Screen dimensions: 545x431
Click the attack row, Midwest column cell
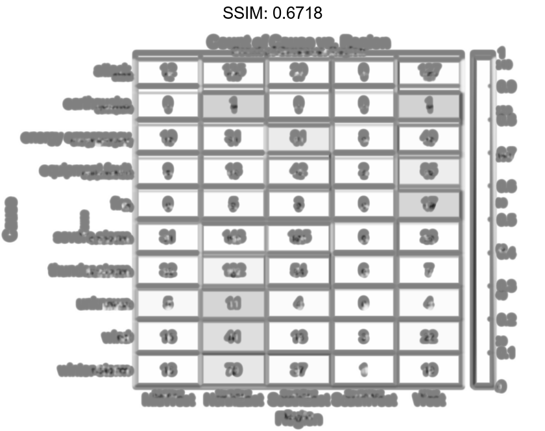point(167,71)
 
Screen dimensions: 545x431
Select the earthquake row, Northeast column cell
point(233,105)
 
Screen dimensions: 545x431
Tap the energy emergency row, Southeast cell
point(298,138)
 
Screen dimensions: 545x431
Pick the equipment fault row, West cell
point(429,171)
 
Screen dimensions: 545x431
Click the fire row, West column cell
point(429,204)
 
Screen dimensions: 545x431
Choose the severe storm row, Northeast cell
point(233,238)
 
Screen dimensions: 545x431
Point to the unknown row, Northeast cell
point(233,303)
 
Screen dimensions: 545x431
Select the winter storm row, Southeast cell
point(298,370)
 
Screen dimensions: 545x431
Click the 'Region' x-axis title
point(298,419)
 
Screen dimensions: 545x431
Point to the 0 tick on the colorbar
point(502,387)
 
